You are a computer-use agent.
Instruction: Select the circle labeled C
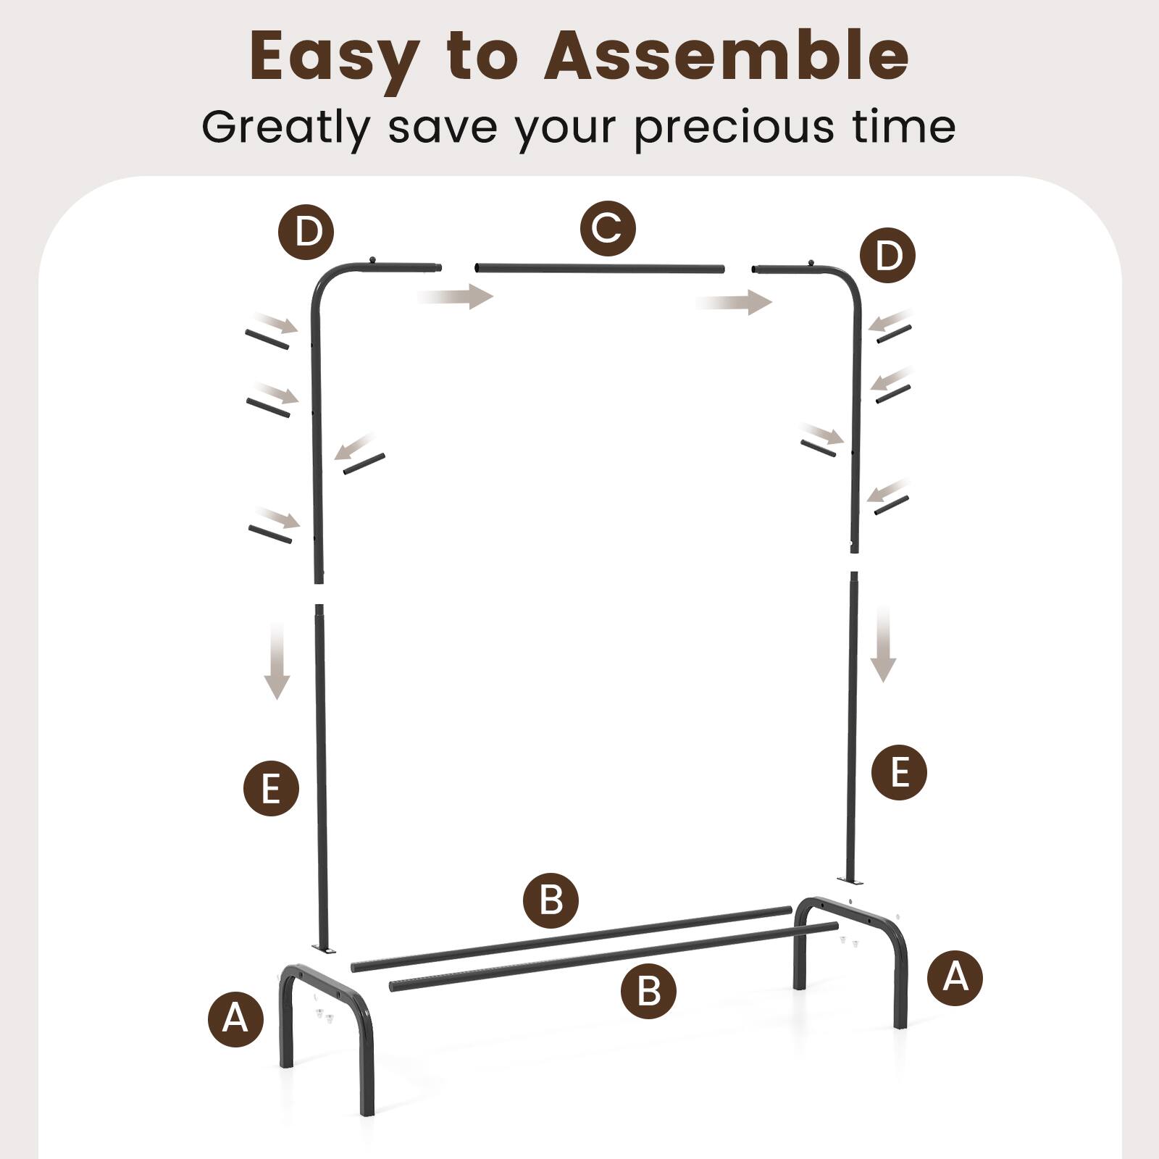[608, 229]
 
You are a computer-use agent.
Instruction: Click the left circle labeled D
[306, 233]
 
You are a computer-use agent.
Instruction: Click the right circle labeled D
[887, 255]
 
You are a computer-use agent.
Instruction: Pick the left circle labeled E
[271, 788]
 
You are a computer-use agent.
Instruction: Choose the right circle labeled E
[899, 772]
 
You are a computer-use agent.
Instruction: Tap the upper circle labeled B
[551, 901]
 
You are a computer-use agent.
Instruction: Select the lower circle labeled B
[648, 990]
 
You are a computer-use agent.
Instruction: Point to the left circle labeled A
[235, 1018]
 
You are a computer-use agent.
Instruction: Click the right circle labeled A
[955, 977]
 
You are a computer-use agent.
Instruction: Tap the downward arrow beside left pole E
[277, 662]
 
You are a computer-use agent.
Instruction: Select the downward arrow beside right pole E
[883, 645]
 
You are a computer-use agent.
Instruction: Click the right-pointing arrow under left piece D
[456, 296]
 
